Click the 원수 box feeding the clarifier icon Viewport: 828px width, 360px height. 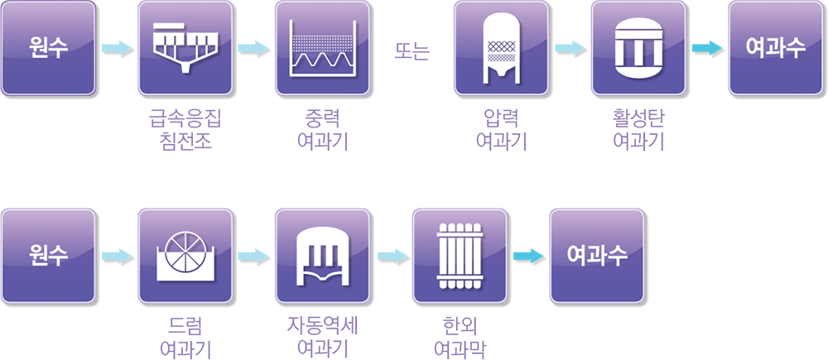click(x=47, y=47)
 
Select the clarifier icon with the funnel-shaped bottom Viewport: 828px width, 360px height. click(x=185, y=47)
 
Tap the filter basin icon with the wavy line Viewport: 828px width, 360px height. click(x=322, y=47)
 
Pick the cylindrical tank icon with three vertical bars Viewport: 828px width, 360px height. click(x=640, y=47)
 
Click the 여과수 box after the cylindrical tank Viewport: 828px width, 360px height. click(x=776, y=47)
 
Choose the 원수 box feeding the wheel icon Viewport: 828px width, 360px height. click(x=47, y=255)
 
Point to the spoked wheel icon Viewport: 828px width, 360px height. click(x=185, y=255)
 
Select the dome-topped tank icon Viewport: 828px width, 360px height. click(x=322, y=255)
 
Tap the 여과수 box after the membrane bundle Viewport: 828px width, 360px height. click(x=596, y=255)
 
